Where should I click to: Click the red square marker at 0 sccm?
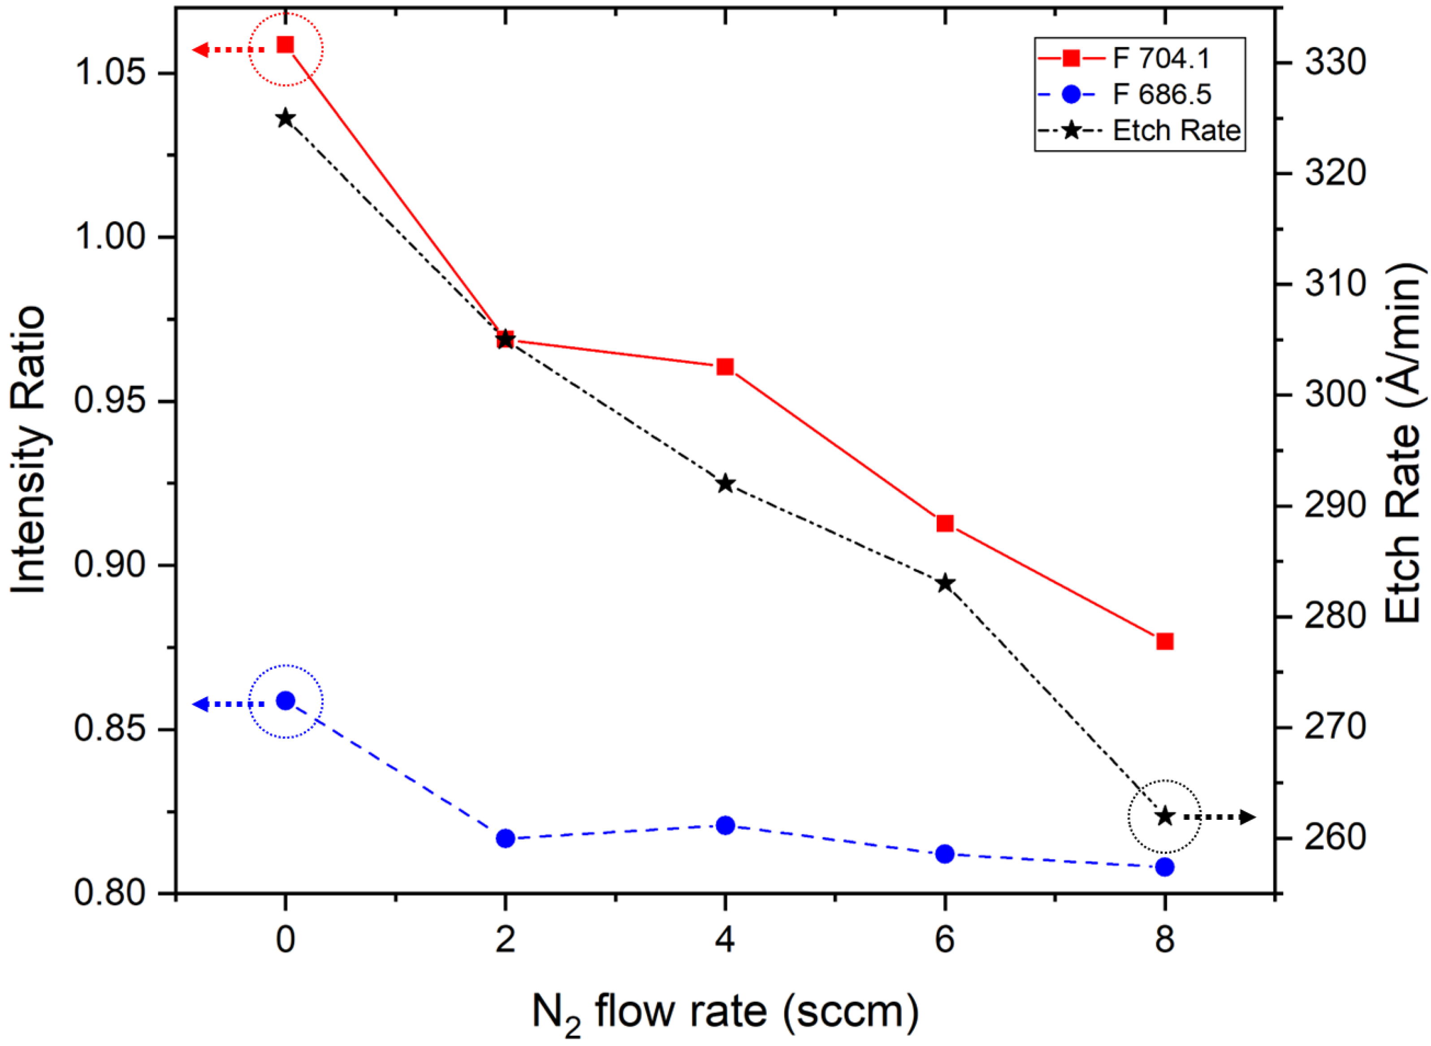tap(285, 44)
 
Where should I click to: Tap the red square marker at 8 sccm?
tap(1164, 641)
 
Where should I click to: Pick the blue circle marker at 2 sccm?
tap(505, 838)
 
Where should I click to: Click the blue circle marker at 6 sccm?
tap(944, 853)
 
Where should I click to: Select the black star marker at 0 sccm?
tap(285, 118)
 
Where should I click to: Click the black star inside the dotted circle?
tap(1164, 816)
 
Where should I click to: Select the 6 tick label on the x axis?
tap(944, 940)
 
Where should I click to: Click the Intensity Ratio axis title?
tap(29, 450)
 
